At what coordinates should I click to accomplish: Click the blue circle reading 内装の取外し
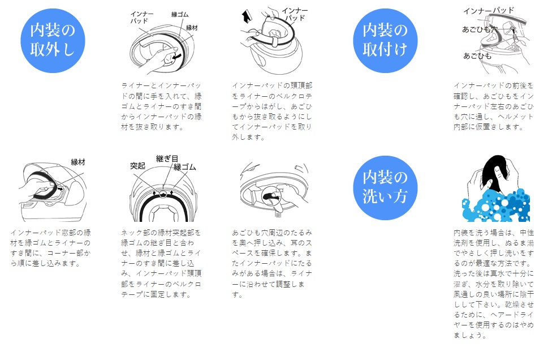[x=53, y=41]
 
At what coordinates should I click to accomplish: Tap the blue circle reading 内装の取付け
[x=385, y=41]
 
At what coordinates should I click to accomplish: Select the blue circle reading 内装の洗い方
[x=385, y=188]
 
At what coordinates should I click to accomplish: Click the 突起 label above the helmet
[x=137, y=165]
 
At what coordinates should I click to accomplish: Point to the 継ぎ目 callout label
[x=167, y=159]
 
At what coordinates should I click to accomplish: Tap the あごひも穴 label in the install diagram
[x=480, y=29]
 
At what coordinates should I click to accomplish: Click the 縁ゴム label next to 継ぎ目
[x=185, y=167]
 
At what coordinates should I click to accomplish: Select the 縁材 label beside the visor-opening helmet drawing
[x=78, y=162]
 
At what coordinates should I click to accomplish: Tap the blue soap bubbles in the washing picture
[x=497, y=205]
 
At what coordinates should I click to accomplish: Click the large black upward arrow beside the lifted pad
[x=247, y=18]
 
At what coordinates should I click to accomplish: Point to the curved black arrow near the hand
[x=178, y=56]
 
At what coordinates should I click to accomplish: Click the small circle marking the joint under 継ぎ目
[x=163, y=194]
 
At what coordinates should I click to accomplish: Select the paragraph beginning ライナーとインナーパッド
[x=162, y=106]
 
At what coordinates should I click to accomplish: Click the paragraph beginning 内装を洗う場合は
[x=494, y=284]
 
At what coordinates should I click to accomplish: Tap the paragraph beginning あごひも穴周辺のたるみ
[x=272, y=263]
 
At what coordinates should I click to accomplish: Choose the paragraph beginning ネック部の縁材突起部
[x=162, y=263]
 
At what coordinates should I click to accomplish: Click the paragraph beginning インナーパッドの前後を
[x=494, y=106]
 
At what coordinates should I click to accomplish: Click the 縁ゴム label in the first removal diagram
[x=180, y=14]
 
